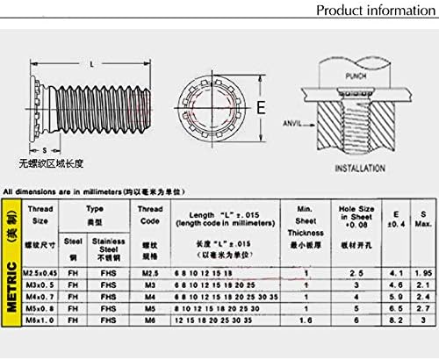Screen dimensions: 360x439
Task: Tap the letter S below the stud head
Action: tap(46, 150)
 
